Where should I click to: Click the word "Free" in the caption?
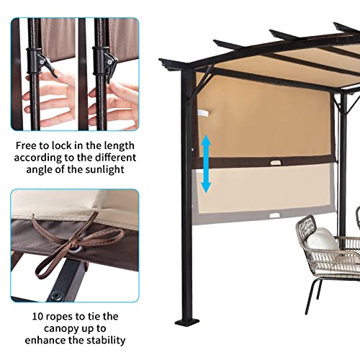[28, 144]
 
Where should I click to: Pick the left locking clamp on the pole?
[45, 65]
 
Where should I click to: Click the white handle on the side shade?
[204, 114]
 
